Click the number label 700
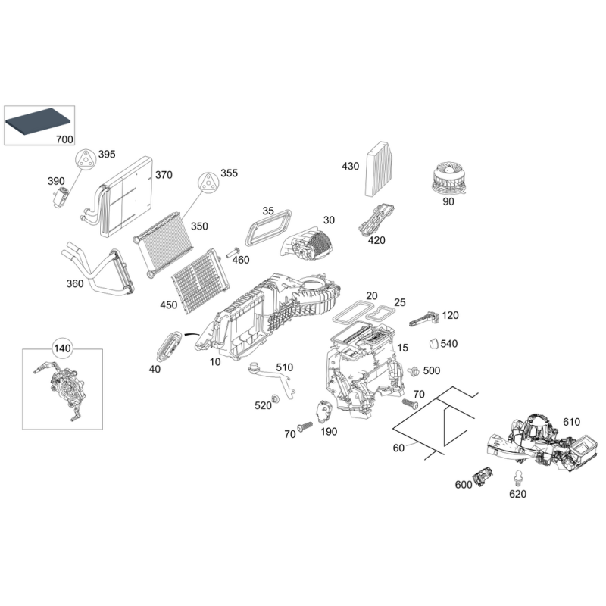[x=64, y=139]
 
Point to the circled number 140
[x=62, y=349]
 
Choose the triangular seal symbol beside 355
[x=207, y=181]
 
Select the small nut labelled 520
[x=276, y=398]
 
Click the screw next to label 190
[x=305, y=426]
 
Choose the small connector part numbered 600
[x=482, y=476]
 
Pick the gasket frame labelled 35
[x=270, y=225]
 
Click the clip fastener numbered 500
[x=414, y=371]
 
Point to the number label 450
[x=168, y=305]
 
